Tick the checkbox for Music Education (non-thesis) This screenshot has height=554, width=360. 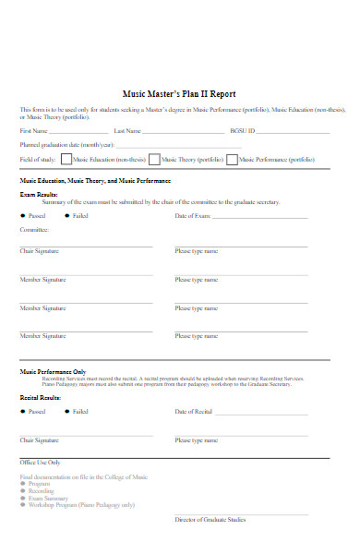(66, 159)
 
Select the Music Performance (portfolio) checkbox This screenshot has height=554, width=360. (232, 159)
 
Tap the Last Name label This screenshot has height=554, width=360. (128, 131)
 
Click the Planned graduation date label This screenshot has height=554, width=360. (66, 145)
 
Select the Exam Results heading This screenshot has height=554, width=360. (40, 196)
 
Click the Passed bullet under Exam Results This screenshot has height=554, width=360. (23, 215)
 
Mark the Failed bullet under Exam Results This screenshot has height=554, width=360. (67, 215)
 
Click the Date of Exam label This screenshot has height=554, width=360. (193, 215)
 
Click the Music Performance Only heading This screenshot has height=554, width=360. (53, 371)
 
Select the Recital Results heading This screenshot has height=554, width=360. (41, 397)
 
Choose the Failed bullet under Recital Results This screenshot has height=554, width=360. (67, 412)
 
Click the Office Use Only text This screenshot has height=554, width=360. (40, 462)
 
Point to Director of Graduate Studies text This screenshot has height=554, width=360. (210, 520)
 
